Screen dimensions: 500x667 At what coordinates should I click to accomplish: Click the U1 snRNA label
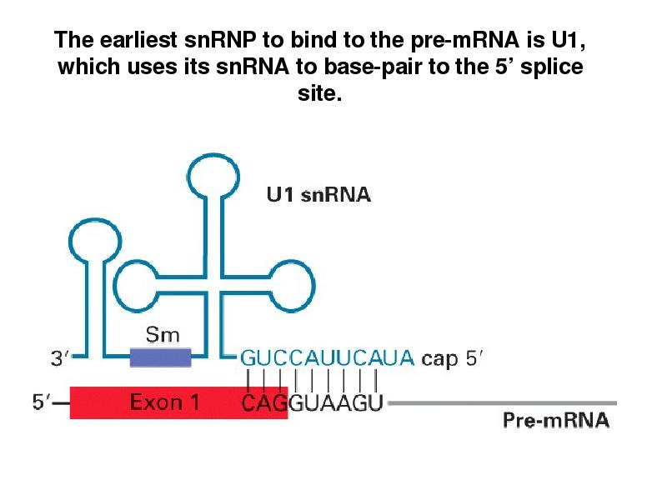[318, 196]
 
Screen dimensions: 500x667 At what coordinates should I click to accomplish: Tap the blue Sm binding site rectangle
[160, 357]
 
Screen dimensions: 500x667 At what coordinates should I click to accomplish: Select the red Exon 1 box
[178, 402]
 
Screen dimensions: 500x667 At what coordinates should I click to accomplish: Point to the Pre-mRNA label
[555, 420]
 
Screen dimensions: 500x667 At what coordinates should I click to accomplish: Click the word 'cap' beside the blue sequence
[440, 359]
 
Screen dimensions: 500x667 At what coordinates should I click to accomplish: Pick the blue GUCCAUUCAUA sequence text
[328, 358]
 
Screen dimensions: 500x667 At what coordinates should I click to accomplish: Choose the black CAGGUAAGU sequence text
[312, 404]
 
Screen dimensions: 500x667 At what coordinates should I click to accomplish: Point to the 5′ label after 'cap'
[475, 358]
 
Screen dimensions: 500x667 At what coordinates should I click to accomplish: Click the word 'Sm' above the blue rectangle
[163, 335]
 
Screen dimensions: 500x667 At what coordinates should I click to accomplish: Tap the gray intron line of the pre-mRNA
[500, 403]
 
